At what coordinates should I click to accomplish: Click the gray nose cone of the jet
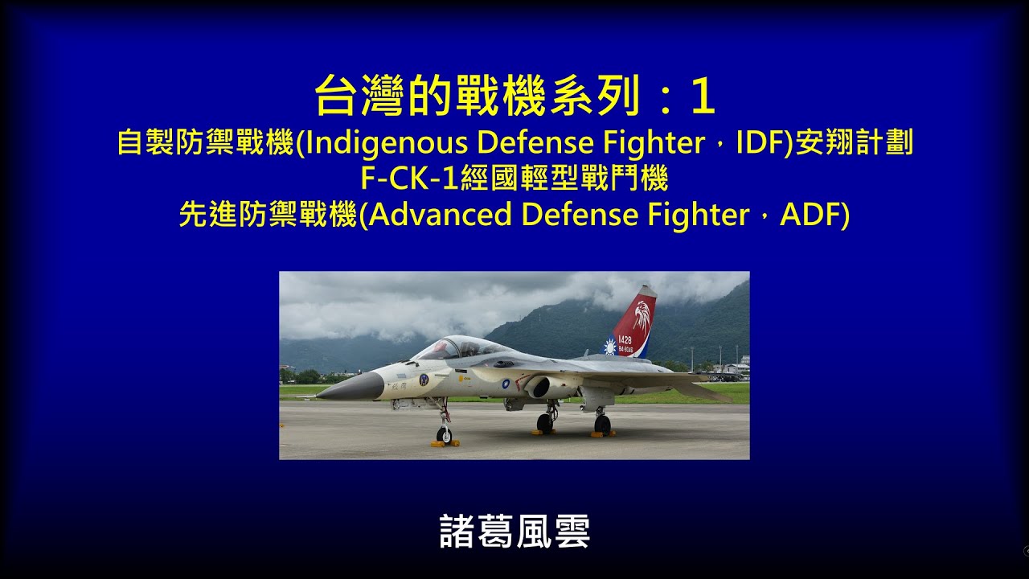[x=354, y=388]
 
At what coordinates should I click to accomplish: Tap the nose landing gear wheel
[x=444, y=434]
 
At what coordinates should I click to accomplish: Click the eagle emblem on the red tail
[x=641, y=315]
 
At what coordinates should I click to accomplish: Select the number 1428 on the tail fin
[x=625, y=340]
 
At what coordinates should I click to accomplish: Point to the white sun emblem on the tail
[x=610, y=347]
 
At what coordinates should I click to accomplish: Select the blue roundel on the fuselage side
[x=506, y=384]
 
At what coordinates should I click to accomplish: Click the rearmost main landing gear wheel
[x=601, y=423]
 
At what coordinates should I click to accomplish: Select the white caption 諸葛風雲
[x=514, y=532]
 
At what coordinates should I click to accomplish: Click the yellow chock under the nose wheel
[x=445, y=443]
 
